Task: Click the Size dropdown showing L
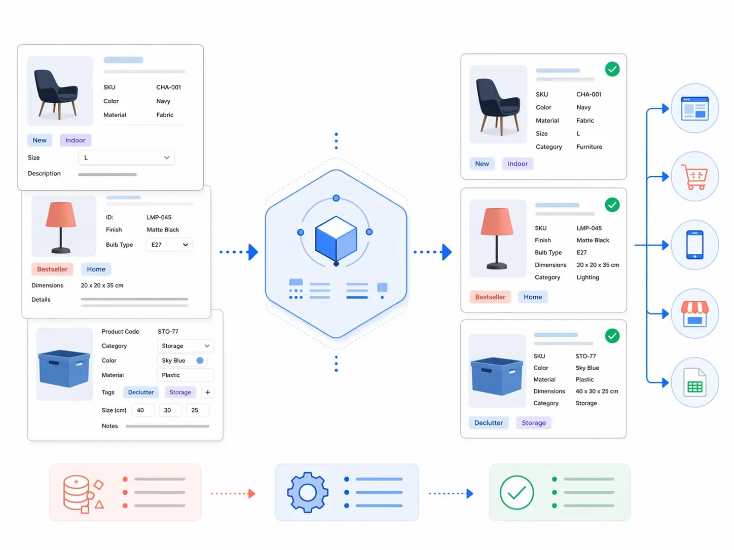(126, 158)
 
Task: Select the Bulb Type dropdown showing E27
(169, 245)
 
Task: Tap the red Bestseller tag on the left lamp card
(52, 269)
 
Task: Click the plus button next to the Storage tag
(208, 392)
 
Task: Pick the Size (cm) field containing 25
(197, 410)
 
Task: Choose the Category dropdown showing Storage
(185, 346)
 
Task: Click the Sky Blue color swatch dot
(200, 360)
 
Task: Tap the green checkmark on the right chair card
(612, 69)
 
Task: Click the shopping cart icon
(695, 177)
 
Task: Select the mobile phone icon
(695, 245)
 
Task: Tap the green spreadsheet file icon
(695, 383)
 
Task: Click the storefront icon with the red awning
(695, 314)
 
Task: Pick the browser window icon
(695, 108)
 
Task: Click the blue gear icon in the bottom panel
(308, 492)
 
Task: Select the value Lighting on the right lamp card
(588, 277)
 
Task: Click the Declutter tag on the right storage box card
(489, 423)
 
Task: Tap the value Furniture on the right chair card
(589, 146)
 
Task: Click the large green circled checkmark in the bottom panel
(517, 493)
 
